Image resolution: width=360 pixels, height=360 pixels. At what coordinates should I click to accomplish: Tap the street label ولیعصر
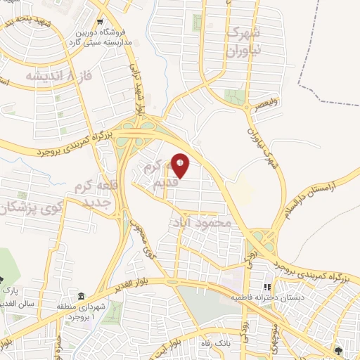[268, 110]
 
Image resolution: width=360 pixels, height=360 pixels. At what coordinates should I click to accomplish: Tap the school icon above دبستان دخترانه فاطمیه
[266, 287]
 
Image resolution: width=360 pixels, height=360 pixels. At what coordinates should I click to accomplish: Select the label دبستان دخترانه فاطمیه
[265, 298]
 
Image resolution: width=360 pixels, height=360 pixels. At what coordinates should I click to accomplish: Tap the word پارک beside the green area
[9, 289]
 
